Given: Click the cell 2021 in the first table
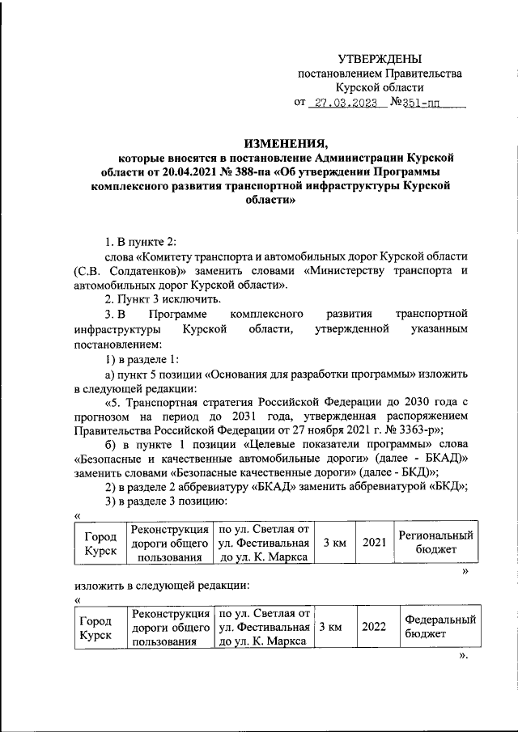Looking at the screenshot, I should pyautogui.click(x=373, y=543).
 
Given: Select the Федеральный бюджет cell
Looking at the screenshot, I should pyautogui.click(x=439, y=627).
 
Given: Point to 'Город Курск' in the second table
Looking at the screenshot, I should pyautogui.click(x=95, y=627).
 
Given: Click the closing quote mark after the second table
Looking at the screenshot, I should pyautogui.click(x=463, y=656).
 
